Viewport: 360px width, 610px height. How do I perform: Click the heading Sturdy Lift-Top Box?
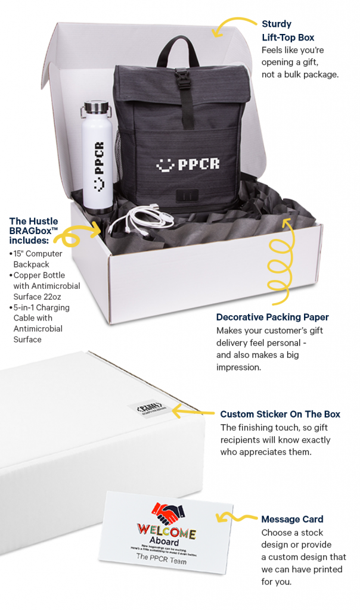[288, 30]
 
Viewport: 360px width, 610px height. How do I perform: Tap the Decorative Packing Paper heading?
[272, 317]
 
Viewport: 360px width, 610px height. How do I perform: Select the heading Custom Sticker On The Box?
[280, 414]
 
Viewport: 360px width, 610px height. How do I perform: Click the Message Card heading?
[292, 519]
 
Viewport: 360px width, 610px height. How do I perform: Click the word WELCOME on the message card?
[167, 531]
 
